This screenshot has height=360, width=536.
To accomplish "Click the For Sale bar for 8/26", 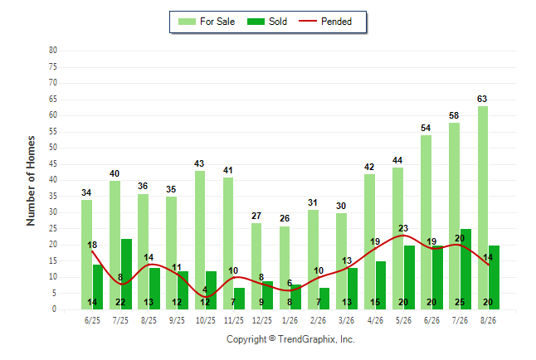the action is tap(483, 208).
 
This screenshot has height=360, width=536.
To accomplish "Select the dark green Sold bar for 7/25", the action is tap(126, 275).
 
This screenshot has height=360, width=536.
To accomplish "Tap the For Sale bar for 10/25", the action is tap(200, 240).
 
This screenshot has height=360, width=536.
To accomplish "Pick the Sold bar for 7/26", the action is tap(465, 270).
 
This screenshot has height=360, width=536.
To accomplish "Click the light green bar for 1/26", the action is tap(285, 268).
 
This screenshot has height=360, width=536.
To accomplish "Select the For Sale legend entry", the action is tap(207, 22).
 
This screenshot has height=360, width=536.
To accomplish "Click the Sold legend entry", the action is tap(267, 22).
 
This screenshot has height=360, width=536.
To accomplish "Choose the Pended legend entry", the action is tap(325, 22).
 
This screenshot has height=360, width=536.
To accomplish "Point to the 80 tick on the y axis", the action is tap(53, 51).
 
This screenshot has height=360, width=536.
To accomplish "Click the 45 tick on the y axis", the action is tap(53, 164).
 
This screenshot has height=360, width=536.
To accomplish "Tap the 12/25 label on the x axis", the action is tap(262, 320).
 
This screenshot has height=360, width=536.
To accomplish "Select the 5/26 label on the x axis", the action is tap(403, 320).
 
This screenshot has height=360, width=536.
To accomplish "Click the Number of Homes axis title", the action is tap(31, 181).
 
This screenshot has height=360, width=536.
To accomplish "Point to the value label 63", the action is tap(482, 99).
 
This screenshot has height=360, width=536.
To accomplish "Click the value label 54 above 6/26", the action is tap(426, 128).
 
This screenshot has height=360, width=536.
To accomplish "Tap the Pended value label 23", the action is tap(403, 228).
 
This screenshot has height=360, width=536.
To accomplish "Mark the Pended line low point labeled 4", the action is tap(207, 296).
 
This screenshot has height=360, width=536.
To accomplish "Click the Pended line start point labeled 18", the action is tap(92, 251).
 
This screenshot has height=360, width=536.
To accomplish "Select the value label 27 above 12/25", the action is tap(256, 216).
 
